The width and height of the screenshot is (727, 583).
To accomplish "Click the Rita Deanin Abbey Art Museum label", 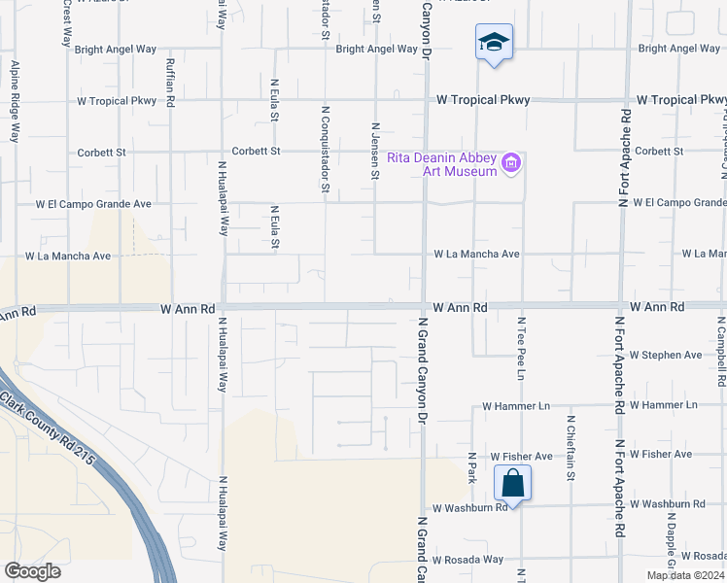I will [x=442, y=164].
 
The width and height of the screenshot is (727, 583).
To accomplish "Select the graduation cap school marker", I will [x=495, y=43].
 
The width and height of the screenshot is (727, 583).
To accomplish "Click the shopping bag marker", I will [x=512, y=483].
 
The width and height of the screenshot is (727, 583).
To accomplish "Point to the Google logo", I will [x=32, y=570].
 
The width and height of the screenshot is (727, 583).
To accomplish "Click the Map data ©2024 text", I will [x=685, y=575].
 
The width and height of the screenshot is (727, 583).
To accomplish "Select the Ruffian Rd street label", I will [x=170, y=82].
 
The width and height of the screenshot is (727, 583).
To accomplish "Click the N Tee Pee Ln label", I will [x=522, y=347].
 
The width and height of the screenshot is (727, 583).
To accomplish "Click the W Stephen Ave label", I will [x=666, y=356].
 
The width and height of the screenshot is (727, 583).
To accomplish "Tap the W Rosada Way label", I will [x=468, y=560].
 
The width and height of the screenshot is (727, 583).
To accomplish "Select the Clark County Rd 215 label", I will [x=49, y=428].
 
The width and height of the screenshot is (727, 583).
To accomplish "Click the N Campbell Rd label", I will [x=721, y=354].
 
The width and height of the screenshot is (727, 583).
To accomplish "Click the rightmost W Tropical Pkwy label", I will [x=681, y=100].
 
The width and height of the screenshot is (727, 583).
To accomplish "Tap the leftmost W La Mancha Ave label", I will [x=74, y=257].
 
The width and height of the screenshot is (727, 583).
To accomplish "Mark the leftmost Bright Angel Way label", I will [x=115, y=49].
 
